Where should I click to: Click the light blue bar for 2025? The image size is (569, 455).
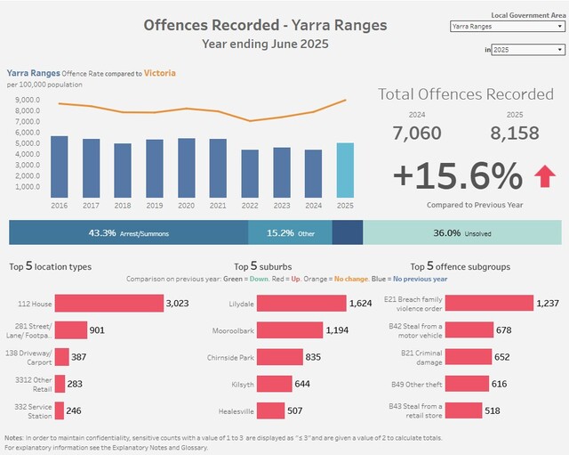coord(346,170)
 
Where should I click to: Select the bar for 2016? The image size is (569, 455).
coord(59,167)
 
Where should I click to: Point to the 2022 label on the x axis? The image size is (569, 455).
coord(250,205)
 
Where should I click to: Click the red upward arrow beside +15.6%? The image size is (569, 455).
coord(544,176)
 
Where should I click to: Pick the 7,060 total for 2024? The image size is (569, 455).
coord(417,133)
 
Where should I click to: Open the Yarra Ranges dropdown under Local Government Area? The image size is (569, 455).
coord(507,27)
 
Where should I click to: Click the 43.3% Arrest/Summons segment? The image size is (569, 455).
coord(128,232)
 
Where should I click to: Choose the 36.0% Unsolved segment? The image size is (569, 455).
coord(461,232)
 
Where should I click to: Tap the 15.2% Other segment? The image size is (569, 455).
coord(280,232)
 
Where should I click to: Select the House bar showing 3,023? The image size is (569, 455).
coord(108,304)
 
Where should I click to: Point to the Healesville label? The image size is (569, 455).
coord(236,411)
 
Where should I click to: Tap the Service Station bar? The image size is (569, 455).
coord(59,410)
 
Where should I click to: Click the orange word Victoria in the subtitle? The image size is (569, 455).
coord(159,72)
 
